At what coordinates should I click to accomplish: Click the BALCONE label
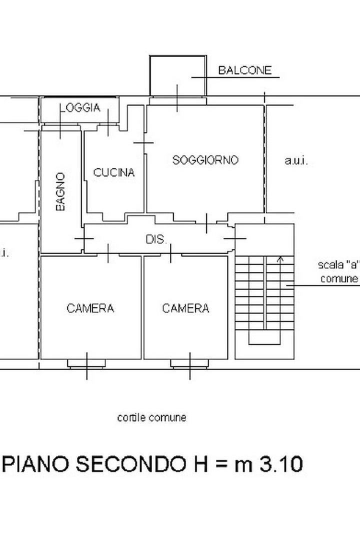coord(245,70)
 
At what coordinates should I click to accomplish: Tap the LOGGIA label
coord(80,108)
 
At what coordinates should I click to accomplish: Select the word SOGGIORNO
coord(205,160)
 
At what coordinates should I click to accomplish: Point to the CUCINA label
coord(113,172)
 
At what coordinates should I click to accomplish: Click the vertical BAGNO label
coord(60,191)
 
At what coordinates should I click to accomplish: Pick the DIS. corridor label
coord(156,239)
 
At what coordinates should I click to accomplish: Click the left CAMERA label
coord(90,308)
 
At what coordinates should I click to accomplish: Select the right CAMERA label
coord(185,308)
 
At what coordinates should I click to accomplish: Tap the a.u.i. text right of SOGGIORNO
coord(296,160)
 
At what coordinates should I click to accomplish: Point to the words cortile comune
coord(151,417)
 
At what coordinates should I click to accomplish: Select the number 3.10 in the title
coord(281,464)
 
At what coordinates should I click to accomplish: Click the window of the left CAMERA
coord(86,363)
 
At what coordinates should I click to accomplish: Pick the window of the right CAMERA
coord(190,363)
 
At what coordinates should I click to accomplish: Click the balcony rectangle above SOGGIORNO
coord(150,75)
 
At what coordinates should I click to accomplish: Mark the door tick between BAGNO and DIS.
coord(84,238)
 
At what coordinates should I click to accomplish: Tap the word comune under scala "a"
coord(339,278)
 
